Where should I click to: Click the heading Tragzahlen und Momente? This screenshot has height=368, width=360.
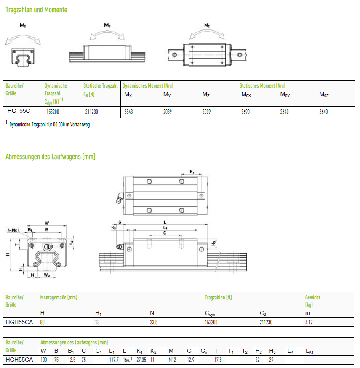click(x=36, y=10)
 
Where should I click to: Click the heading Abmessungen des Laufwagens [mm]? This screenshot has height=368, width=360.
click(x=51, y=157)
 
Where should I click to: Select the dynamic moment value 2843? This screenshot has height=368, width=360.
click(x=128, y=112)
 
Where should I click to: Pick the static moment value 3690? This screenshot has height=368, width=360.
click(x=245, y=112)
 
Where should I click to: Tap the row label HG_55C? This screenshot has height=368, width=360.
click(x=19, y=111)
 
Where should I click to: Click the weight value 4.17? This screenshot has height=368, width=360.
click(x=309, y=322)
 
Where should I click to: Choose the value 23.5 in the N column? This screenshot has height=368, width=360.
click(x=154, y=322)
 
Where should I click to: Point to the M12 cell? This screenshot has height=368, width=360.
click(x=172, y=360)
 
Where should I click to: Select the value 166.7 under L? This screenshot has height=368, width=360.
click(x=128, y=360)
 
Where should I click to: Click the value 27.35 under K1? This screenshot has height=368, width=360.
click(x=141, y=360)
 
